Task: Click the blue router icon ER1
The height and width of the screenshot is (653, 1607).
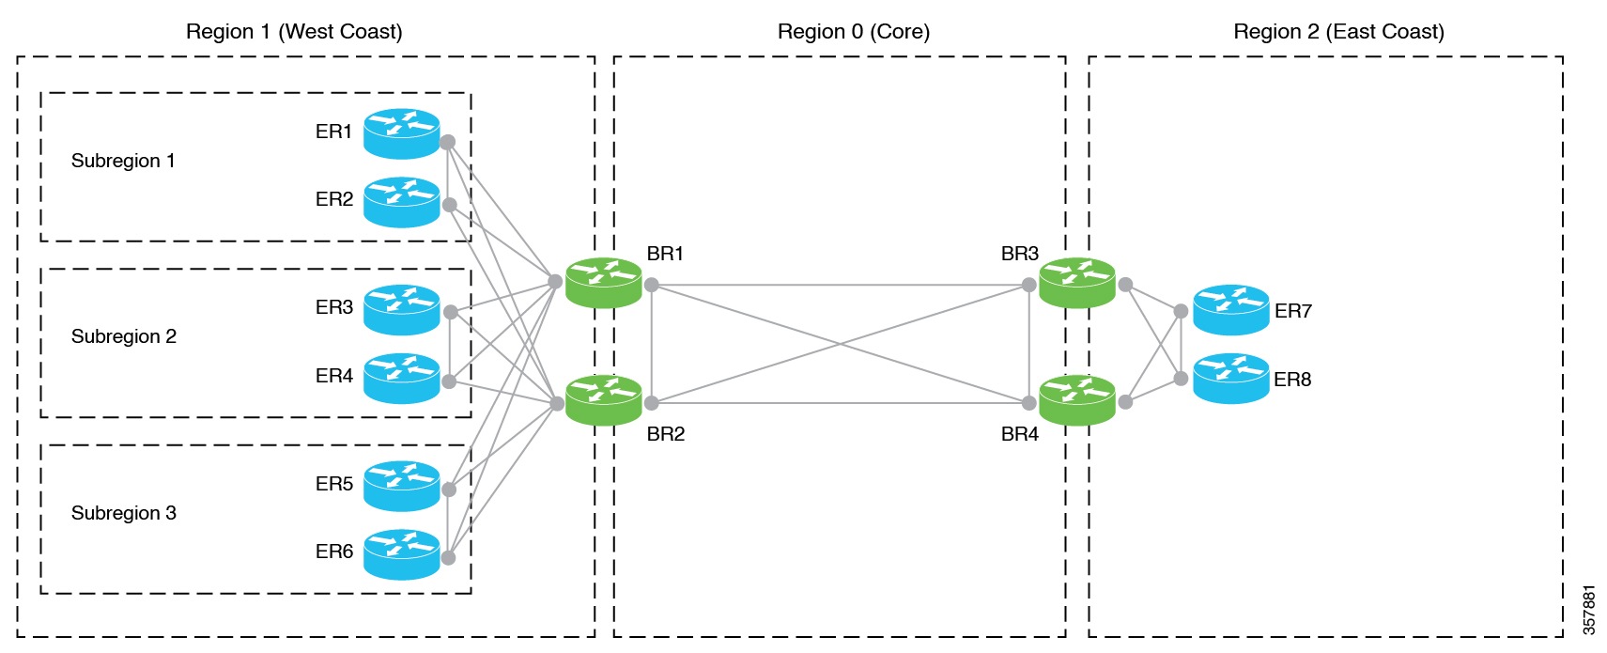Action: click(401, 133)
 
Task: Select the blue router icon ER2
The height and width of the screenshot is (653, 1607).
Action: click(401, 202)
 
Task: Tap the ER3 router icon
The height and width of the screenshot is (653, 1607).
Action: click(401, 310)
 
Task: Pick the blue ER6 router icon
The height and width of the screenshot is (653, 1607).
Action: click(401, 554)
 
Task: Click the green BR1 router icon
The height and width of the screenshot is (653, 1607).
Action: click(603, 283)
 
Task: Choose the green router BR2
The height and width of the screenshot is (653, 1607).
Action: click(603, 400)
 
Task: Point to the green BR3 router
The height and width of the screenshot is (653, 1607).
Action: click(1076, 283)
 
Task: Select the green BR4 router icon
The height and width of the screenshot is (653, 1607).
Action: click(1076, 400)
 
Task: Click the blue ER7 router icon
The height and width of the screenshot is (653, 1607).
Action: click(1230, 310)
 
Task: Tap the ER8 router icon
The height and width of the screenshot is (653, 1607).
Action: click(1230, 379)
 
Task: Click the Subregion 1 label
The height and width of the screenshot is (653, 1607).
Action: click(123, 161)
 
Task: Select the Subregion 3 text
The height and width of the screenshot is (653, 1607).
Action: click(123, 513)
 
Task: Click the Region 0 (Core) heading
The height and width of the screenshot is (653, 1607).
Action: click(853, 31)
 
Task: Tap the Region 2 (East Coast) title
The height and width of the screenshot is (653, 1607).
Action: click(1337, 31)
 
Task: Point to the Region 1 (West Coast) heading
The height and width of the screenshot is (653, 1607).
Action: click(294, 31)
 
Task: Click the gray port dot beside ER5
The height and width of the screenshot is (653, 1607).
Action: click(449, 490)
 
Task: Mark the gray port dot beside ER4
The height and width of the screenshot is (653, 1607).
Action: click(449, 381)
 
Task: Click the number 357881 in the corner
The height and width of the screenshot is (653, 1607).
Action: click(1588, 609)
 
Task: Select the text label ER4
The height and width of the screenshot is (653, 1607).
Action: click(333, 376)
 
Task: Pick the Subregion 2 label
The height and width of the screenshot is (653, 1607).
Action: click(123, 336)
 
